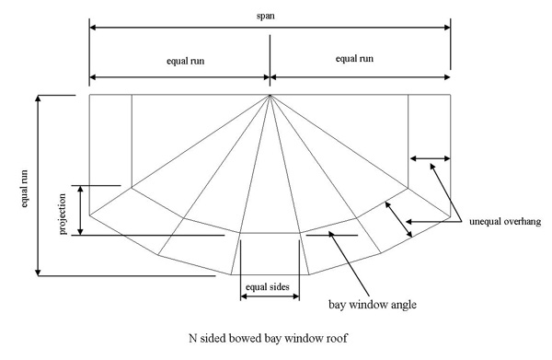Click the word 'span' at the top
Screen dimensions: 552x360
tap(266, 17)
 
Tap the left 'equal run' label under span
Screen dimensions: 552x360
tap(186, 61)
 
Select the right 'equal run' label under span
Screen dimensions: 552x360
tap(354, 59)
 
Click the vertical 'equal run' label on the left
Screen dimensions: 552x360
tap(24, 189)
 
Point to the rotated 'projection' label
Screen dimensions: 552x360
tap(63, 214)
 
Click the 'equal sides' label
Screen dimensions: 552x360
tap(268, 286)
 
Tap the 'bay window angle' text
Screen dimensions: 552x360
tap(373, 305)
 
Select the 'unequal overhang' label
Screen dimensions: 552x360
tap(505, 221)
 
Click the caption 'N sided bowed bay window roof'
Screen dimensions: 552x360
tap(268, 338)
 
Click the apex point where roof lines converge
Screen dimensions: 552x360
tap(270, 96)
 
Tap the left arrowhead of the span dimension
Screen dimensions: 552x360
tap(92, 28)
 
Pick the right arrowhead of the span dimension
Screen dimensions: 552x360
tap(447, 28)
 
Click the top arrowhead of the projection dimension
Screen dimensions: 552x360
tap(81, 189)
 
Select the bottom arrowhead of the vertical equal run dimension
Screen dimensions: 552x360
tap(39, 273)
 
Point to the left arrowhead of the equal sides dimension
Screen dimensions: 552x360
tap(244, 296)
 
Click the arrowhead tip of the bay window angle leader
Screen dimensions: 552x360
tap(330, 233)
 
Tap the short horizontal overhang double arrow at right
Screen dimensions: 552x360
tap(431, 159)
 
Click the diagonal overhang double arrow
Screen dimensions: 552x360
tap(398, 219)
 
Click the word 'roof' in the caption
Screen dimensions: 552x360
tap(338, 339)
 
